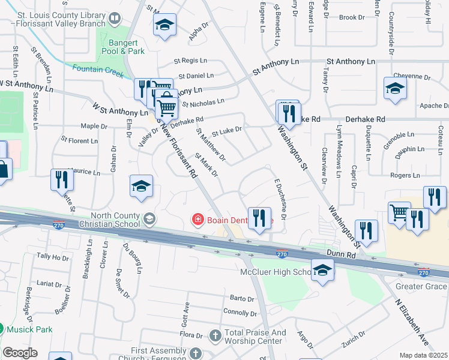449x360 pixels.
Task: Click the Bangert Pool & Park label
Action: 127,47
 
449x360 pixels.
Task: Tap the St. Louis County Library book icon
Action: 115,19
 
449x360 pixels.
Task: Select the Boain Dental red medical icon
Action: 197,220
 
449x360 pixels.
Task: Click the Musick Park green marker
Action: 1,329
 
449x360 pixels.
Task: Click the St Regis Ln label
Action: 190,61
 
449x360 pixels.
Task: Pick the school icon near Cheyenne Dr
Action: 394,88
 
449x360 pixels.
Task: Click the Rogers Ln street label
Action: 405,175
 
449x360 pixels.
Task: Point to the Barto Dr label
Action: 243,298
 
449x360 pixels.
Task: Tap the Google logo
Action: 20,353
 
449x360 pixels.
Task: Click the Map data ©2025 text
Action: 423,355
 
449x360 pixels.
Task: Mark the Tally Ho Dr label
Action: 53,257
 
